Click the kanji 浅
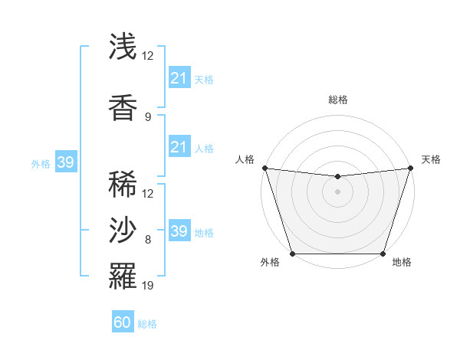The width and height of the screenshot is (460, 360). [123, 47]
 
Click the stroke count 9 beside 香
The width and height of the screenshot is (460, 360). [147, 117]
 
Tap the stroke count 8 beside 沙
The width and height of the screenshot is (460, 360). [147, 240]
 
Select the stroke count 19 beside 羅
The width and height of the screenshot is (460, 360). [148, 286]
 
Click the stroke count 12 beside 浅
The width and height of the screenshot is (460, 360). [148, 56]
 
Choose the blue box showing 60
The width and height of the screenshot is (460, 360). [123, 322]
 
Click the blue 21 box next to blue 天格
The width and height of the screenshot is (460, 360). [179, 78]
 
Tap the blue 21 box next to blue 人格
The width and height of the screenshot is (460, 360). [179, 146]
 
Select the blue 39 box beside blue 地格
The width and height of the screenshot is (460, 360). [179, 231]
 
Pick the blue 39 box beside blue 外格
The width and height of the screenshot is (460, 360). [65, 162]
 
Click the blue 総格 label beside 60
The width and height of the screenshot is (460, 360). [147, 324]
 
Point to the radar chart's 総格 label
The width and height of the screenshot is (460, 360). [337, 100]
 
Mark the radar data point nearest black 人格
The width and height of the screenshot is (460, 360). [264, 168]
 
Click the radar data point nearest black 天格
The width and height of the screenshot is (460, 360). [410, 168]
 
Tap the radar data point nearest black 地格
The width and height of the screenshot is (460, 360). [383, 254]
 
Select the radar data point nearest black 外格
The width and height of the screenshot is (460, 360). [292, 254]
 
